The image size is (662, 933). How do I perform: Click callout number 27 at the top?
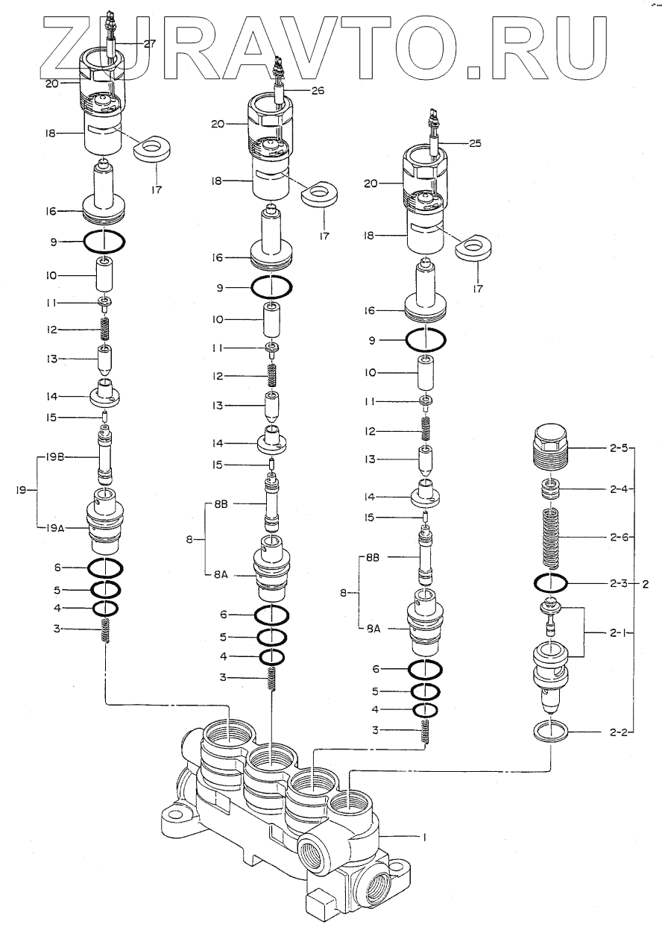point(150,44)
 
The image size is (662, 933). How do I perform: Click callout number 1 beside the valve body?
point(423,838)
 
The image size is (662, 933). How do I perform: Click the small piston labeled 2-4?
point(552,490)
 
